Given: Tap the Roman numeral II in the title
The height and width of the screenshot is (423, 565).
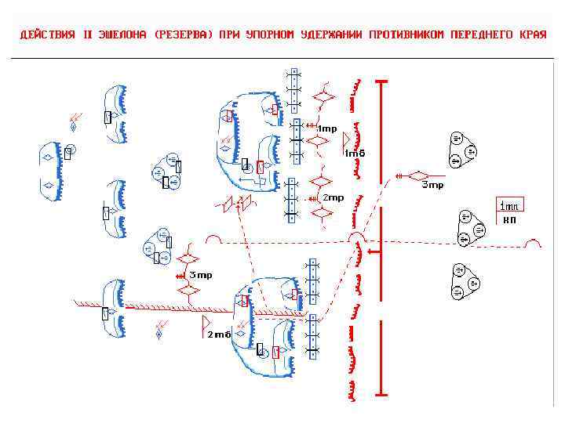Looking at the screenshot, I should pyautogui.click(x=88, y=35).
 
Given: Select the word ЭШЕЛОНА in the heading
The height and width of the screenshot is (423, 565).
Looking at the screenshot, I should pyautogui.click(x=124, y=35).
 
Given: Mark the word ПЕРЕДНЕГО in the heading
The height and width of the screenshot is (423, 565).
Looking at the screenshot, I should pyautogui.click(x=487, y=35).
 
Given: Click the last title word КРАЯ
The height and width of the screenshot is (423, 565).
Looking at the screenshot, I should pyautogui.click(x=534, y=35).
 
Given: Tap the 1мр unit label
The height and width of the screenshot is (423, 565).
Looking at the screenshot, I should pyautogui.click(x=326, y=129).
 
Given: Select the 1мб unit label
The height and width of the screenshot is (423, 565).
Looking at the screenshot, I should pyautogui.click(x=355, y=154).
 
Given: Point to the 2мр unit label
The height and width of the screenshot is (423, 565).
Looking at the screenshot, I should pyautogui.click(x=334, y=198).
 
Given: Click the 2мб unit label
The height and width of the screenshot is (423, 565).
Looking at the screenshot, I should pyautogui.click(x=219, y=334).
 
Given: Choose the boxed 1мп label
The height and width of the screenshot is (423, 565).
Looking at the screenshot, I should pyautogui.click(x=509, y=206).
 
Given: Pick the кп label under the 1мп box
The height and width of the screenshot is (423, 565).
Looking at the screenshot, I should pyautogui.click(x=509, y=220).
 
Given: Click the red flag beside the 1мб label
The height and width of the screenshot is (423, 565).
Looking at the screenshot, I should pyautogui.click(x=346, y=139).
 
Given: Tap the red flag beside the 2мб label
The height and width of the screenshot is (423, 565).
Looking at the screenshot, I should pyautogui.click(x=206, y=322).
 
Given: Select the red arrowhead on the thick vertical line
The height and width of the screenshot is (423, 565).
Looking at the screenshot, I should pyautogui.click(x=374, y=251).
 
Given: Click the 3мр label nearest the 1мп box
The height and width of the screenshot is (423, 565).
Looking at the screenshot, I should pyautogui.click(x=432, y=186).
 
